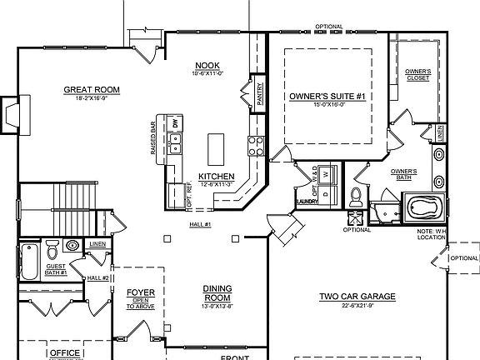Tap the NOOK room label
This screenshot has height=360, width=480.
(207, 66)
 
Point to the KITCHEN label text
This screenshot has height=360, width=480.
(214, 176)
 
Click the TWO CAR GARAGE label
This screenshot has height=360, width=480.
(357, 296)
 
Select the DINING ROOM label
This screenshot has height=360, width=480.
(217, 293)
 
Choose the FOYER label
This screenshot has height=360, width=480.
(140, 292)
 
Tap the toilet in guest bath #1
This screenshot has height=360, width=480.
(52, 249)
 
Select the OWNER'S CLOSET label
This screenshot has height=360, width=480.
(417, 75)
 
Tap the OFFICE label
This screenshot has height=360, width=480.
(65, 353)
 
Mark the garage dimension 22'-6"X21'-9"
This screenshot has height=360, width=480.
(357, 305)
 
